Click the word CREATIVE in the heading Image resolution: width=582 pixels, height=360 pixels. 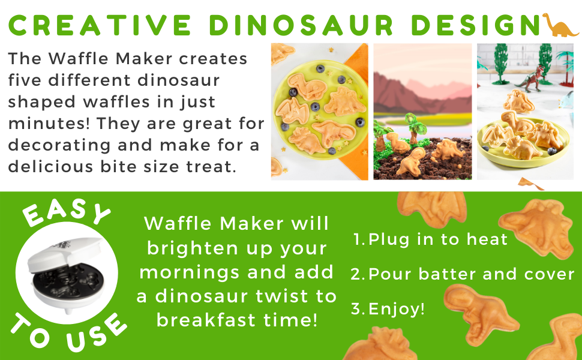(x=99, y=25)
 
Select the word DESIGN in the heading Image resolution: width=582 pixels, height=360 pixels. (x=475, y=25)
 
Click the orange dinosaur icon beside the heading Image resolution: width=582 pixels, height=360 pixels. (x=560, y=25)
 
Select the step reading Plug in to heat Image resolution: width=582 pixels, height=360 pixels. (x=430, y=239)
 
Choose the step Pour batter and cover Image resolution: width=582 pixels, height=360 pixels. (x=463, y=274)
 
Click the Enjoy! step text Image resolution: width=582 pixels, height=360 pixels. (x=388, y=308)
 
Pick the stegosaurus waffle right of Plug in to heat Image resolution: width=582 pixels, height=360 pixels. (x=537, y=227)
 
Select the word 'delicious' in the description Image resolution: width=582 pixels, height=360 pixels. (x=50, y=166)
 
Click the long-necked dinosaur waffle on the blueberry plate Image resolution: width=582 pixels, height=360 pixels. (x=307, y=86)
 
